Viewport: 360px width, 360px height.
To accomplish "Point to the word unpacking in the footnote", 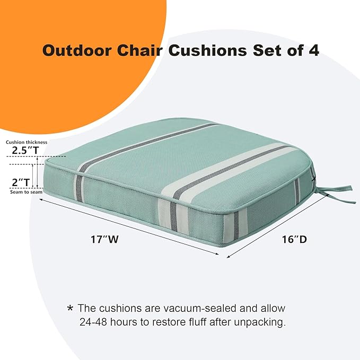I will click(257, 322).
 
